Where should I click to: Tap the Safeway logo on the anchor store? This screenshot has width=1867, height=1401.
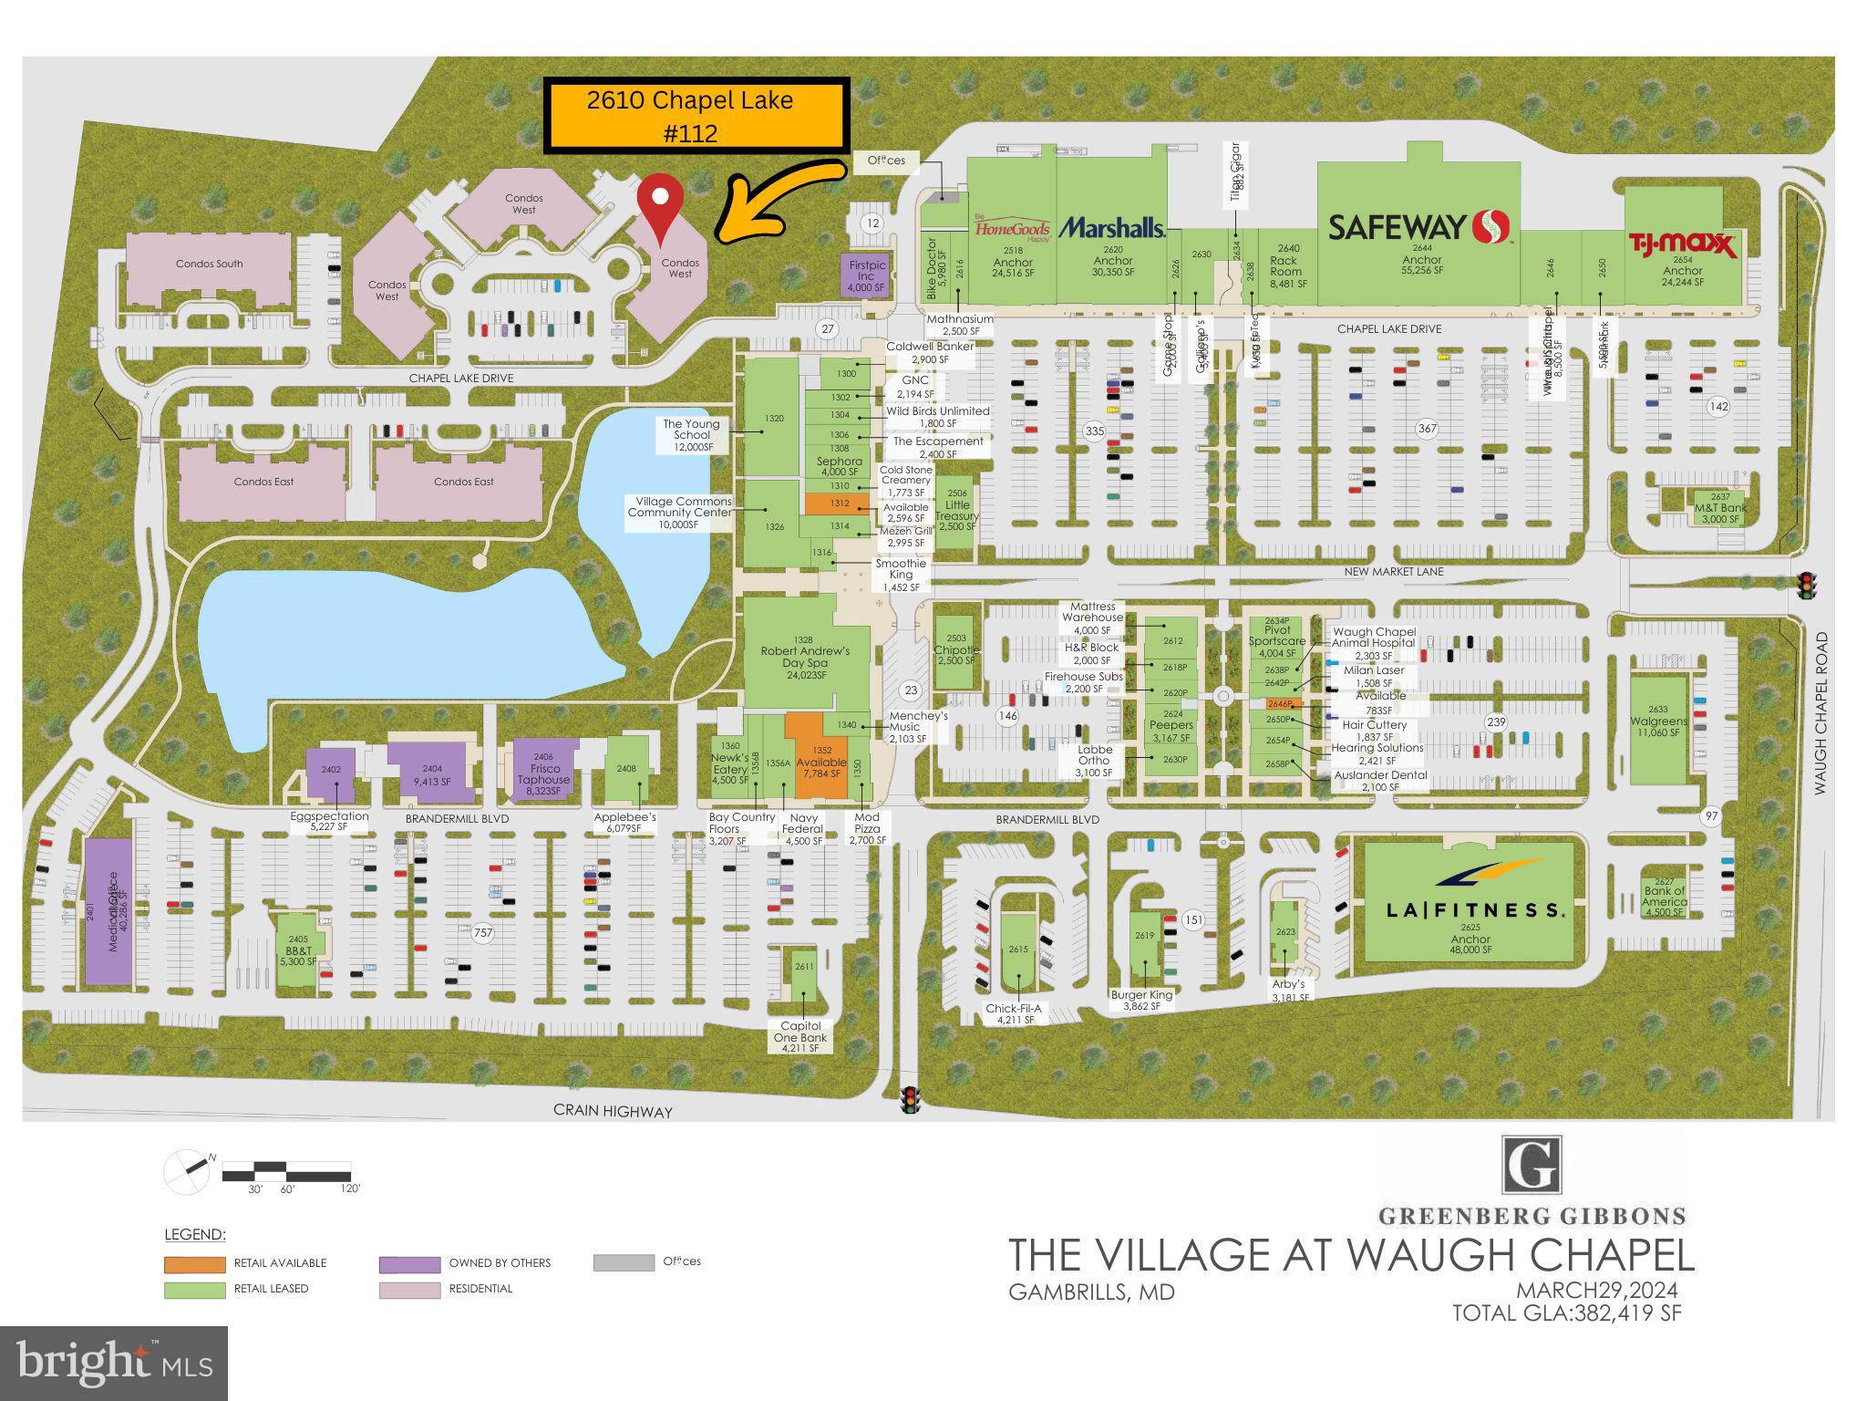pyautogui.click(x=1418, y=225)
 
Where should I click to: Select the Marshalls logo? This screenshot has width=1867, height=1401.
pyautogui.click(x=1111, y=227)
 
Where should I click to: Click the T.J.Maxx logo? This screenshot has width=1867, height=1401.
pyautogui.click(x=1683, y=244)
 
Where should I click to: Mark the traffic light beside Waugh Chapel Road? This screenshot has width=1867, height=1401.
pyautogui.click(x=1804, y=585)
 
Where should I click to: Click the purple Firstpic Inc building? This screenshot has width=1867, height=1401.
pyautogui.click(x=865, y=275)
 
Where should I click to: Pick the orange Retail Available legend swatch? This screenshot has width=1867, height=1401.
pyautogui.click(x=194, y=1264)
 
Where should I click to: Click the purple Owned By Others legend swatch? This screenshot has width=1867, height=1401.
pyautogui.click(x=409, y=1264)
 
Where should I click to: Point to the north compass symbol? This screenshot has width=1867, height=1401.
pyautogui.click(x=187, y=1172)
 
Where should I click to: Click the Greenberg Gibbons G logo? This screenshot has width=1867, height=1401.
pyautogui.click(x=1532, y=1165)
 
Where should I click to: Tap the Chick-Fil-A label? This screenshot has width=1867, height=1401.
pyautogui.click(x=1013, y=1009)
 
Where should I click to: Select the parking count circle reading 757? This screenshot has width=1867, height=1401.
pyautogui.click(x=482, y=932)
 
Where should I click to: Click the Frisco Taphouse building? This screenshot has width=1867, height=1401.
pyautogui.click(x=544, y=771)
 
